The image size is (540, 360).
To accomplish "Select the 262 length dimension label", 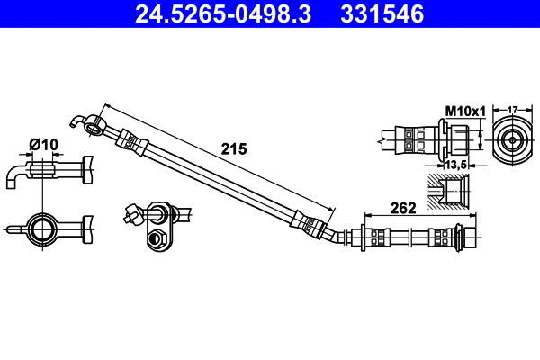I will (x=403, y=209).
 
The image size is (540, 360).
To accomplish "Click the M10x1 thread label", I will (x=465, y=111).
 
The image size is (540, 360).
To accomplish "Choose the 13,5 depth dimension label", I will (x=455, y=165).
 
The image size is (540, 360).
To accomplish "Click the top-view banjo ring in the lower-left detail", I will (x=41, y=227).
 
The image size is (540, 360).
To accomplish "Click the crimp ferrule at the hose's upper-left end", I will (x=130, y=139).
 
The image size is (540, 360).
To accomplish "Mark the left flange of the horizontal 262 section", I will (x=364, y=238).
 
